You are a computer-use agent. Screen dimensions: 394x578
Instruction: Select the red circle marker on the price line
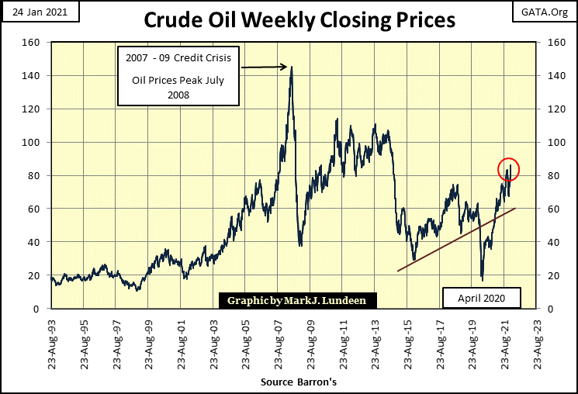pyautogui.click(x=504, y=169)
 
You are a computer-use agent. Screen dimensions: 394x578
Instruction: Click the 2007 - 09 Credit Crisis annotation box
pyautogui.click(x=179, y=76)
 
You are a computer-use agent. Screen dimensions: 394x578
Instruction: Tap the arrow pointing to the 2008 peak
pyautogui.click(x=264, y=67)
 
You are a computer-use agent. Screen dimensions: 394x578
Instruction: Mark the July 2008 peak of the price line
pyautogui.click(x=291, y=67)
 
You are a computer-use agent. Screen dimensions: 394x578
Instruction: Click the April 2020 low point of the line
pyautogui.click(x=482, y=280)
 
